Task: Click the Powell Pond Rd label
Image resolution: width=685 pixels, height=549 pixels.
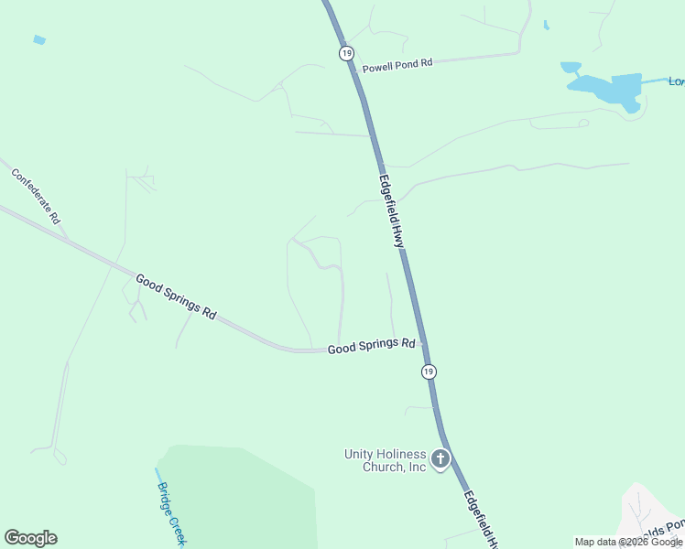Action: (397, 67)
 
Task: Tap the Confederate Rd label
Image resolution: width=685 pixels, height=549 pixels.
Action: (36, 195)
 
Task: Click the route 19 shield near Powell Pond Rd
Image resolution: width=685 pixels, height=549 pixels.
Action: (345, 54)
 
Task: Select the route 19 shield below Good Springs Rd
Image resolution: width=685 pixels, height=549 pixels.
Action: (429, 371)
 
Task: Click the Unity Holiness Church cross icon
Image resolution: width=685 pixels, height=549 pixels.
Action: (440, 458)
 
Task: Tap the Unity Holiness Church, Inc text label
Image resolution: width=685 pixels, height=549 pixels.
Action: (386, 460)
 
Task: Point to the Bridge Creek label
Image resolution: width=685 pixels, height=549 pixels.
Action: (171, 513)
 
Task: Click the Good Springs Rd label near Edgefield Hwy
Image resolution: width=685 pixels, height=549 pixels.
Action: (371, 346)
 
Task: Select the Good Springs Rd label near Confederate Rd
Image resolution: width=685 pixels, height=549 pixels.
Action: (176, 296)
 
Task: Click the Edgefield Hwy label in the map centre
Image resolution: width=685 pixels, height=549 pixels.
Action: (392, 212)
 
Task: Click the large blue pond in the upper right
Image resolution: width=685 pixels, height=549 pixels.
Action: (610, 90)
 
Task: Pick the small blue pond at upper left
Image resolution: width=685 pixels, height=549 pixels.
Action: (39, 40)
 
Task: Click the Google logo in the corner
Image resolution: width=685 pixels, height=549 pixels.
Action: (31, 538)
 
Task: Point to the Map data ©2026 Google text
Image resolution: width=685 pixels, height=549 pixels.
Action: (628, 542)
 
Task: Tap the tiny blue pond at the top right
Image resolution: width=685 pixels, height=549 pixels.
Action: (546, 26)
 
